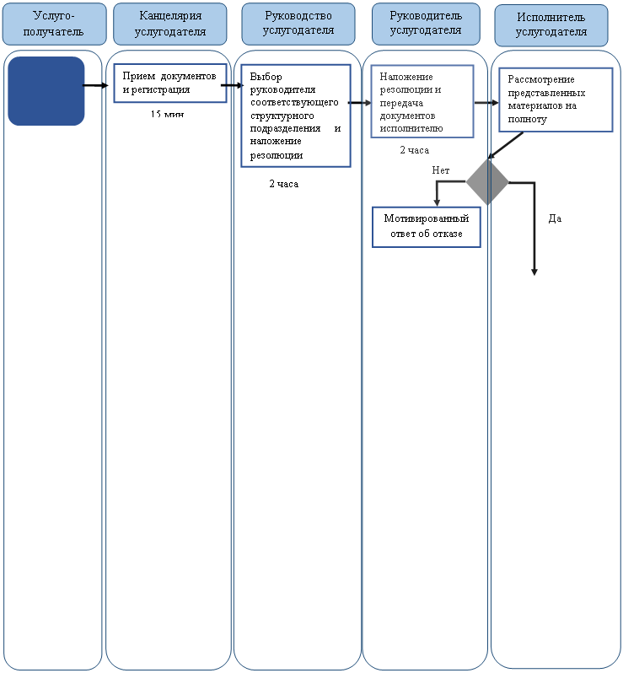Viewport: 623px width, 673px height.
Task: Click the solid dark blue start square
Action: pos(46,91)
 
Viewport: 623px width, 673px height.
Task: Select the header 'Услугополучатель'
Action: pos(54,24)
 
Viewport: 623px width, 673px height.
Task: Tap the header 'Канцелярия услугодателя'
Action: pos(170,24)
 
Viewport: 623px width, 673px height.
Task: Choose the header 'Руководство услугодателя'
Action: pos(298,24)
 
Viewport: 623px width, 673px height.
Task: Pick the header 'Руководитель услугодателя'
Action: pos(426,24)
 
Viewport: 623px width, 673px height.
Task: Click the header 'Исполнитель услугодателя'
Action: pos(550,25)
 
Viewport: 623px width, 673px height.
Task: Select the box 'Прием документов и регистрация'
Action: pos(170,83)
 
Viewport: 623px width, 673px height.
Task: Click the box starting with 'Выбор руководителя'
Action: pos(296,116)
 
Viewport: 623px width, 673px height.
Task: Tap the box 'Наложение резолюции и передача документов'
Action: pos(422,101)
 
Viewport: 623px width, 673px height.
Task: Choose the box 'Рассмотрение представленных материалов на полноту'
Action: pos(556,100)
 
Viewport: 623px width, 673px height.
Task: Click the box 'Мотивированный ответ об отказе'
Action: pos(426,227)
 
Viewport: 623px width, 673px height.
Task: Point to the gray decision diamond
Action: pos(487,182)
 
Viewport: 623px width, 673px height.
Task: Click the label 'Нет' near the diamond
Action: pos(441,170)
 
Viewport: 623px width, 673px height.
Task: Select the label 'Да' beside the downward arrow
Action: pos(555,218)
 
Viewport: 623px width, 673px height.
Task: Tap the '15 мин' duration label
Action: pos(167,114)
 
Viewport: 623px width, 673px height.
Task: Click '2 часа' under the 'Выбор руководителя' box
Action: pos(283,184)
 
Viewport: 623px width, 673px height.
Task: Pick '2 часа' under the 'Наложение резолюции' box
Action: pos(415,150)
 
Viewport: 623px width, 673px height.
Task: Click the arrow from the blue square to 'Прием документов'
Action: pos(95,85)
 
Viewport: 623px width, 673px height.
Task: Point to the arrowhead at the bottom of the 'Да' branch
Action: pos(534,272)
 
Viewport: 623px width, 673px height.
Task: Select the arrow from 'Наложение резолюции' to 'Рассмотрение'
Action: pos(486,103)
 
